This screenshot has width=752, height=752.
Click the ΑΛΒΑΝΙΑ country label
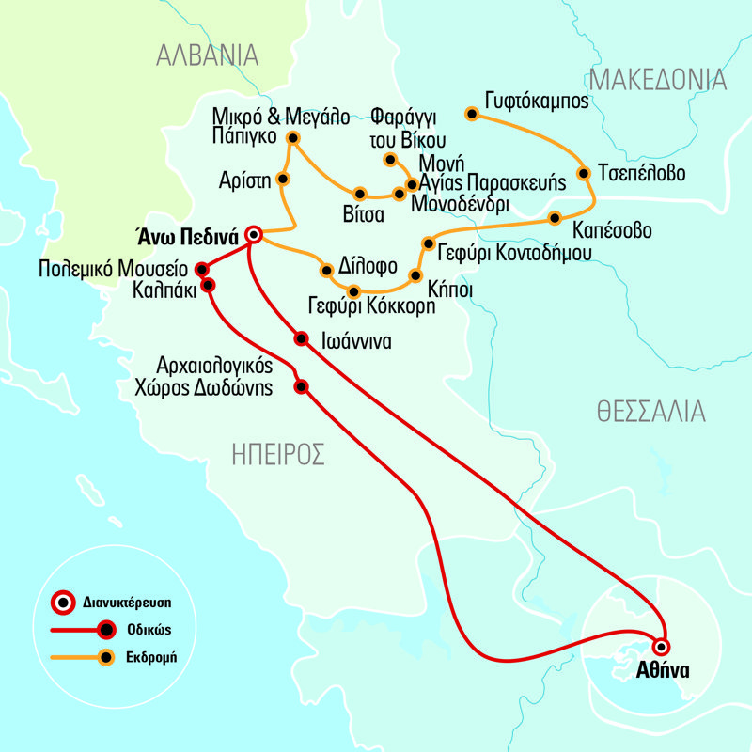tap(208, 55)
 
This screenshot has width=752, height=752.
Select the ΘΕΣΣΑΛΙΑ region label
tap(650, 411)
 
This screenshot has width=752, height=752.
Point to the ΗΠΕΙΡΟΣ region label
tap(278, 456)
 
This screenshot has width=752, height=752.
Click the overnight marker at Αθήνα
tap(662, 646)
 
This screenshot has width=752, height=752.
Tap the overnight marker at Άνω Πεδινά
tap(252, 234)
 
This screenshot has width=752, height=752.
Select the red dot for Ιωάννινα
tap(301, 338)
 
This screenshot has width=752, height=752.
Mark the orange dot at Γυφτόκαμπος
tap(472, 115)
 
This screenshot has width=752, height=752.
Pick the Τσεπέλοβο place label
tap(642, 174)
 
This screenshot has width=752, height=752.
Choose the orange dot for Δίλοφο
tap(326, 271)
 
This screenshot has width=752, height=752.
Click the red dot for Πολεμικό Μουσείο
tap(200, 269)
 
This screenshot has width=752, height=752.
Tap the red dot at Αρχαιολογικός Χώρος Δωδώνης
tap(302, 386)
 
